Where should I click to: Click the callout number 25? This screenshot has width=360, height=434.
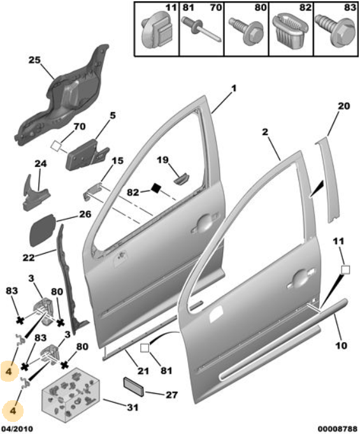pos(34,60)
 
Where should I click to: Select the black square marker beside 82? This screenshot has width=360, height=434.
pos(156,188)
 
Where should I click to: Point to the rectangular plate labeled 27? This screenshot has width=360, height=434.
pos(133,386)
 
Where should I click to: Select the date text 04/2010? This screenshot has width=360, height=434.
pos(17,429)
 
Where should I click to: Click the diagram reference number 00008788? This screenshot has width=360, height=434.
pos(337,429)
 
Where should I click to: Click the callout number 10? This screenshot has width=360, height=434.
pos(341,345)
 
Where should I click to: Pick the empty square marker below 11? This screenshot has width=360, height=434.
pos(345,270)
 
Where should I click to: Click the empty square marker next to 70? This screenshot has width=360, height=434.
pos(56,145)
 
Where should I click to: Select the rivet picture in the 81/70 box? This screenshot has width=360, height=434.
pos(201,30)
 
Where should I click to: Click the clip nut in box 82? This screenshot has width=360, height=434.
pos(290,30)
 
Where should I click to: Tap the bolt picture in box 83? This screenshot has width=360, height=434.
pos(335,32)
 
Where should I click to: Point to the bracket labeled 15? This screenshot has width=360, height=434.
pos(92,191)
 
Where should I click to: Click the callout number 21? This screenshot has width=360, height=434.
pos(143,371)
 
